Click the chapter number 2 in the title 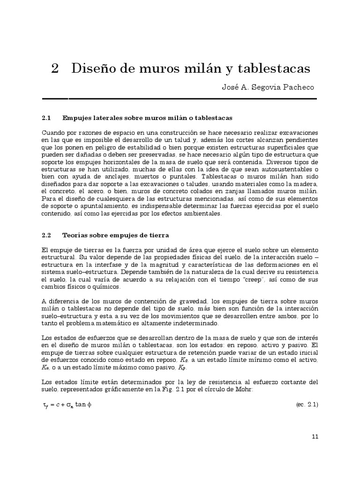[x=55, y=68]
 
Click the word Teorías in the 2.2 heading [x=75, y=234]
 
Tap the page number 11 [x=315, y=437]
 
